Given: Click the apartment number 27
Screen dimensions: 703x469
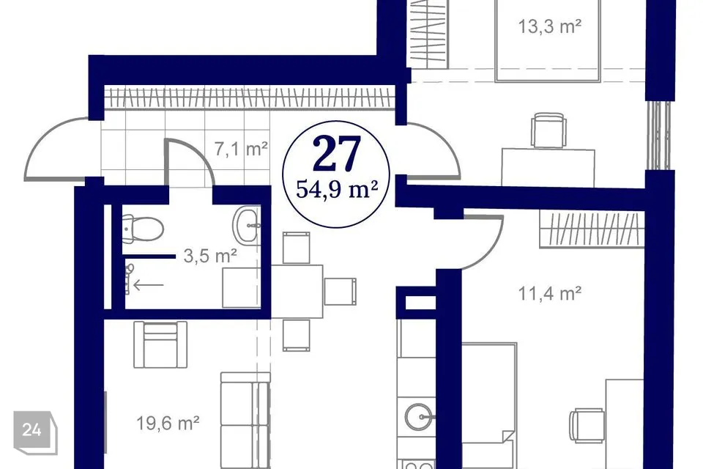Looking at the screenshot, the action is [337, 154].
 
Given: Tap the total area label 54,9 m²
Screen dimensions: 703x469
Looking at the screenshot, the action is [336, 189].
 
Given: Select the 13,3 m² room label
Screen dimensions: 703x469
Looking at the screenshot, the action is [550, 26].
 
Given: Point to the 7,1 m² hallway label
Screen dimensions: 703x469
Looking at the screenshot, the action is [241, 149].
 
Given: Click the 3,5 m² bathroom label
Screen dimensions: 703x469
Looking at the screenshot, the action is [210, 256].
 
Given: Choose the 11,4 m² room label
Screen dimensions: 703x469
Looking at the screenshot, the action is [550, 294].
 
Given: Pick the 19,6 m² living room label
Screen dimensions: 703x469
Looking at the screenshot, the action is [168, 423].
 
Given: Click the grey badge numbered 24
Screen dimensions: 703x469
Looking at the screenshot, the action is [35, 432].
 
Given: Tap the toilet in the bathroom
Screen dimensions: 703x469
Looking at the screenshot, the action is [143, 229].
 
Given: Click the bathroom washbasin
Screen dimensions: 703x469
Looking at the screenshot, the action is [246, 226].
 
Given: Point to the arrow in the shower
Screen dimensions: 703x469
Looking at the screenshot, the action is [149, 284].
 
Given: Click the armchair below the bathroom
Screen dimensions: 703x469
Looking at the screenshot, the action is [160, 344].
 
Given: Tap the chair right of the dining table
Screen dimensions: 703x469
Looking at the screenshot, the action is [340, 291].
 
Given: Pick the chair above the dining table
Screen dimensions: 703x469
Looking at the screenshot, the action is [297, 248].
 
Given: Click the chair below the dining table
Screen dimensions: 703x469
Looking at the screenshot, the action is [297, 335].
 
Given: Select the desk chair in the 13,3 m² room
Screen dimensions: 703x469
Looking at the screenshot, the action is [548, 130].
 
